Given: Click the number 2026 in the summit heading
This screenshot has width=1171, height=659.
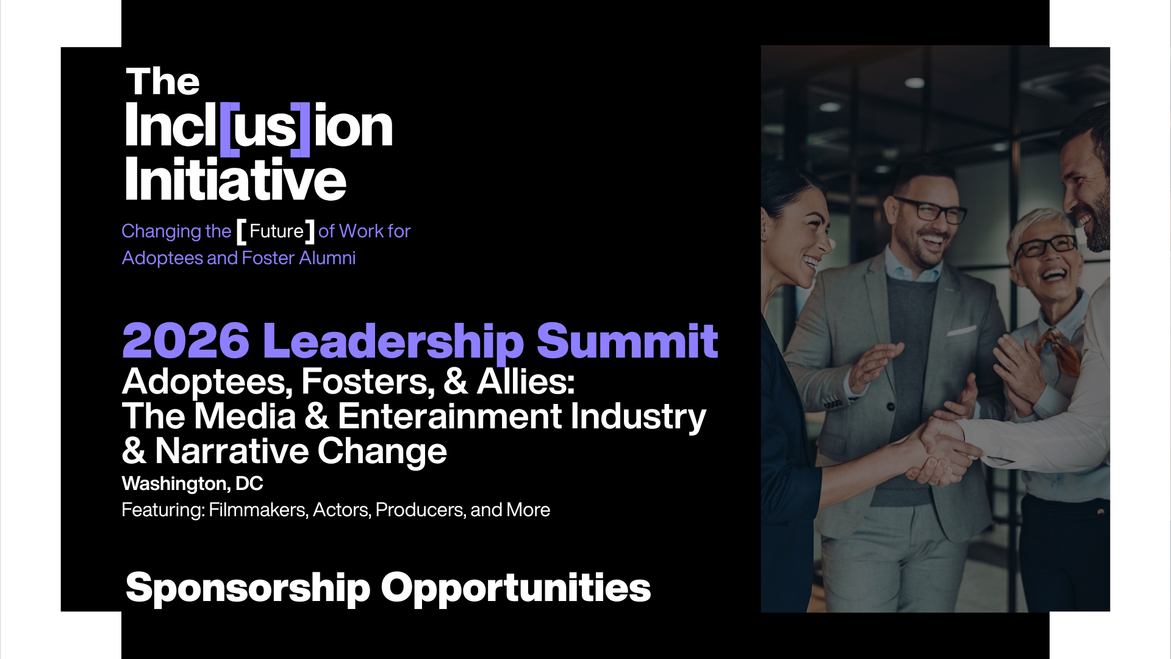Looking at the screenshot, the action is (x=186, y=340).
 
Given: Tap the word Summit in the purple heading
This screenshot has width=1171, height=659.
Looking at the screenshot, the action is (x=627, y=340).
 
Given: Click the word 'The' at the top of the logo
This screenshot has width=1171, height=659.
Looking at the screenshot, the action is (x=163, y=82).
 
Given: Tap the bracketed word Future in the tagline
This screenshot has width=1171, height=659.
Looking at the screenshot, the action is (x=276, y=231).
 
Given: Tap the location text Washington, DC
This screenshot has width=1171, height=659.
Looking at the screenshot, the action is (x=192, y=484).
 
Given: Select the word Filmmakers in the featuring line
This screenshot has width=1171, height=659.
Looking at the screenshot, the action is (x=257, y=510).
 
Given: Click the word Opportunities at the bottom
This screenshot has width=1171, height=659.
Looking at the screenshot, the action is (x=516, y=588).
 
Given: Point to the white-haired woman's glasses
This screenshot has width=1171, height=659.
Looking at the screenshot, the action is (x=1045, y=246).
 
